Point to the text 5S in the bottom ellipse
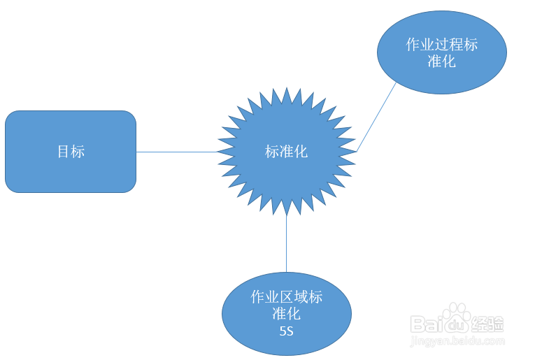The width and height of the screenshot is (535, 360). coord(286,331)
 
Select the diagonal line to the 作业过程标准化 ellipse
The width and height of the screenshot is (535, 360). coord(376,117)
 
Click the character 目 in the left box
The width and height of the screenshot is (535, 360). coord(64,151)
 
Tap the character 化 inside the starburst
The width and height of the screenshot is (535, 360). coord(301,151)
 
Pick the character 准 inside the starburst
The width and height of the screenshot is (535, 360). coord(286,151)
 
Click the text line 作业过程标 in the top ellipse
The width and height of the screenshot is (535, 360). coord(441,45)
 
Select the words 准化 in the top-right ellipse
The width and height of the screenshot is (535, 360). coord(441,62)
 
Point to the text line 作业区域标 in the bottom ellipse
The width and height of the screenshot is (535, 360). coord(286,296)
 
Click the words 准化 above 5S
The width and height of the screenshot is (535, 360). coord(286,313)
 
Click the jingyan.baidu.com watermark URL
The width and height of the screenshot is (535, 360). coord(458,342)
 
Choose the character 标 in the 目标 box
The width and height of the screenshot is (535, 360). coord(78,151)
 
